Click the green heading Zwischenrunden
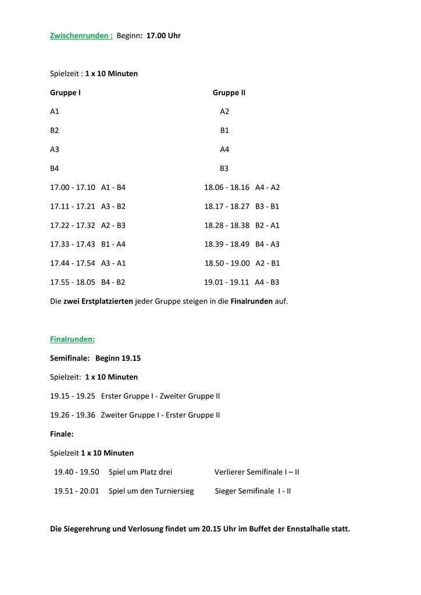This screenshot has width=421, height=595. pos(81,36)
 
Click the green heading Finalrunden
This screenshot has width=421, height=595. pos(72,339)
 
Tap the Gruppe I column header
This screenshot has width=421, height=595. pos(65,92)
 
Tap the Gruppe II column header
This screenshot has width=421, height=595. pos(229,92)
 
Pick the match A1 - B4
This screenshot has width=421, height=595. pos(113,188)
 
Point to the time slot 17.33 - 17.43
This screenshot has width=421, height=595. pos(73,244)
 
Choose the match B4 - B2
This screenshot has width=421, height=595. pos(113,282)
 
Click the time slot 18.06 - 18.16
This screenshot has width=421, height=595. pos(226,188)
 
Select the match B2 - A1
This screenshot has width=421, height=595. pos(267,225)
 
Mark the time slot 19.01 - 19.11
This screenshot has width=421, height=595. pos(226,282)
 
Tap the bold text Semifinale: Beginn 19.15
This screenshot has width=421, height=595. pos(95,358)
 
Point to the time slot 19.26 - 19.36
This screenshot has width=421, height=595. pos(73,415)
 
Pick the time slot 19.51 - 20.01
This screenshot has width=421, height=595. pos(76,490)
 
